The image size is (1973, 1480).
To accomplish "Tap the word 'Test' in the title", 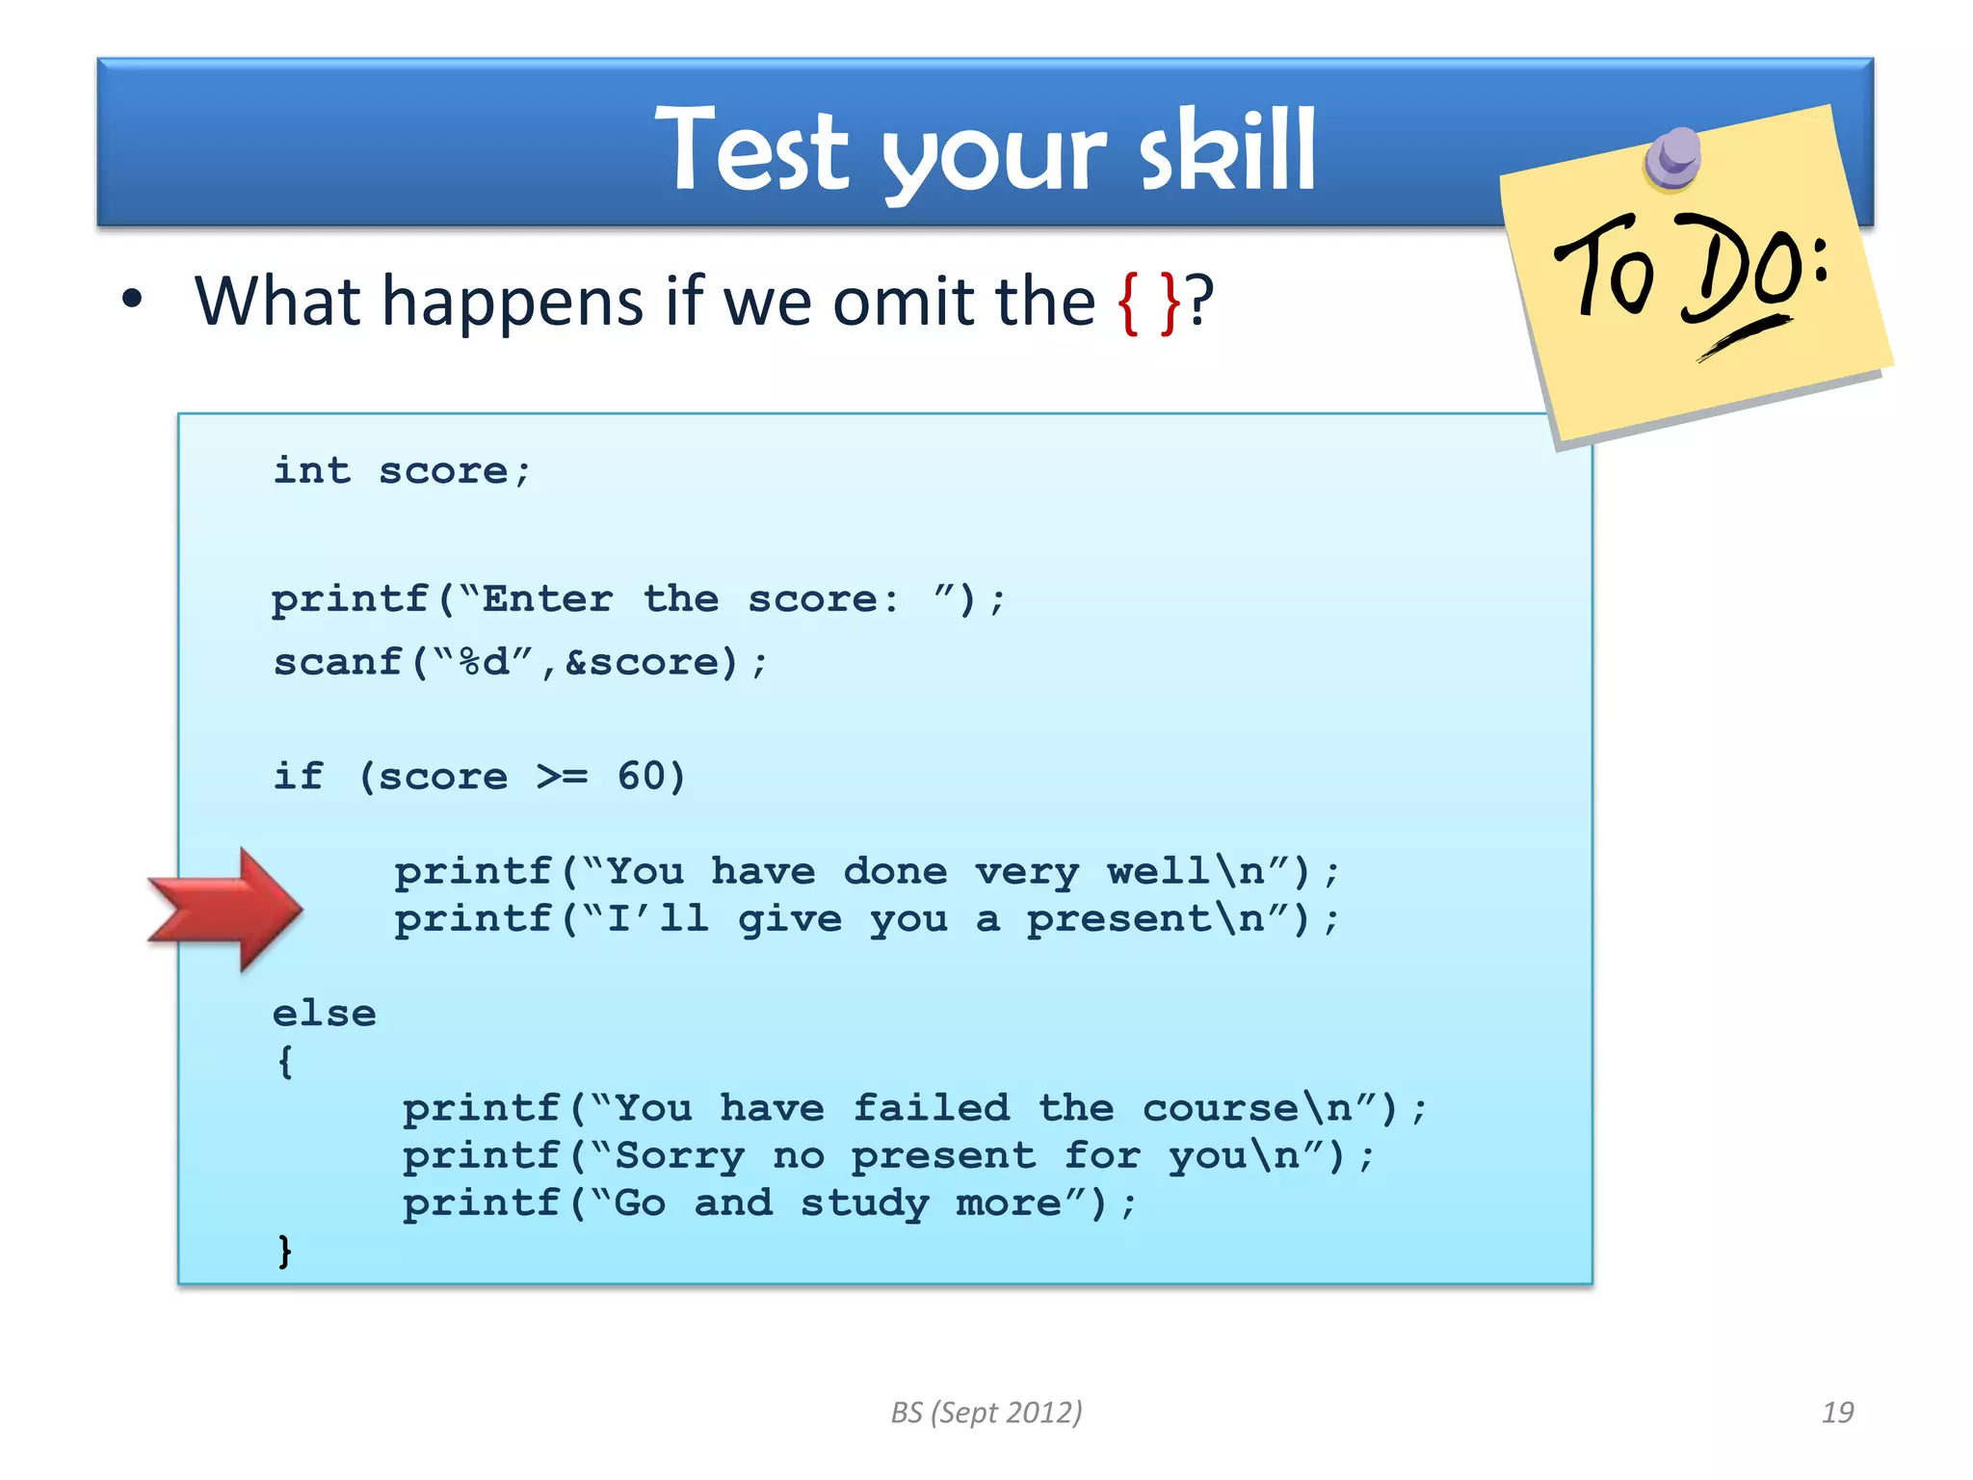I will pyautogui.click(x=752, y=152).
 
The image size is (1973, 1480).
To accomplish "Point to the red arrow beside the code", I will pyautogui.click(x=225, y=909).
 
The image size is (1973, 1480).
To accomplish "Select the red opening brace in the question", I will pyautogui.click(x=1127, y=303).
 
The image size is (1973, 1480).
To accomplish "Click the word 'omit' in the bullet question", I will pyautogui.click(x=907, y=303).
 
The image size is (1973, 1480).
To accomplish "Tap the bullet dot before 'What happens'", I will pyautogui.click(x=132, y=301).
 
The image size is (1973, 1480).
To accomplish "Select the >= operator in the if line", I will pyautogui.click(x=562, y=777).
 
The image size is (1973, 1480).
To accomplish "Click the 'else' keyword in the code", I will pyautogui.click(x=324, y=1014).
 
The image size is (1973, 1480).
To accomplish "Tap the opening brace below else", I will pyautogui.click(x=284, y=1063).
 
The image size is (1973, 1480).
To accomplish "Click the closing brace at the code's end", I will pyautogui.click(x=284, y=1252).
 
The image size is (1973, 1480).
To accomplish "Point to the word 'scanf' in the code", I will pyautogui.click(x=337, y=663).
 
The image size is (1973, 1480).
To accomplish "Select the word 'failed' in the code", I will pyautogui.click(x=932, y=1108).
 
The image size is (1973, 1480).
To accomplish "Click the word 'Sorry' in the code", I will pyautogui.click(x=679, y=1156).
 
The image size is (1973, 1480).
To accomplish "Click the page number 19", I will pyautogui.click(x=1837, y=1413).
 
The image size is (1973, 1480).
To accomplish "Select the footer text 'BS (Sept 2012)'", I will pyautogui.click(x=986, y=1413).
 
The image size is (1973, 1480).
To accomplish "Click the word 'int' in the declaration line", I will pyautogui.click(x=312, y=471).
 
